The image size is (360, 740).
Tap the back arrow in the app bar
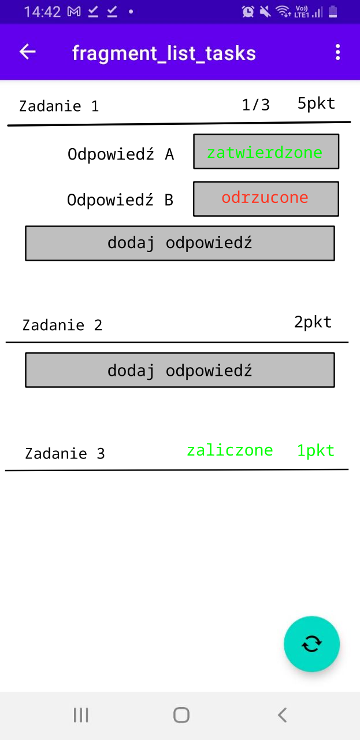pos(27,52)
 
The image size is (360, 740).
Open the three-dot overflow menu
pos(337,52)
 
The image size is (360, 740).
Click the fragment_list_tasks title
pos(164,53)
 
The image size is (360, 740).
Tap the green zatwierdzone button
pos(266,151)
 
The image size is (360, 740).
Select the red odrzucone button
pos(266,198)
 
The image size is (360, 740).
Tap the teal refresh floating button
pos(311,644)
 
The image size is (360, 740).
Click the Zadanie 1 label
pos(59,106)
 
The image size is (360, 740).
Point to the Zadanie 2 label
pos(62,325)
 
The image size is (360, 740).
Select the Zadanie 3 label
pos(65,454)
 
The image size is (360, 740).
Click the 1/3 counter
pos(256,105)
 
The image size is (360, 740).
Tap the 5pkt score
pos(317,103)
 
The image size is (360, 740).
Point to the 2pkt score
pos(313,322)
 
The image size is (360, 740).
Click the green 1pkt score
pos(316,450)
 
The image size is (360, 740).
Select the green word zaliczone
pos(230,450)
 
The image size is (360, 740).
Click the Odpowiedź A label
pos(121,154)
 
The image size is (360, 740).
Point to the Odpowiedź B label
pos(120,200)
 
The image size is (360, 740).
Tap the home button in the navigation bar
pos(181,715)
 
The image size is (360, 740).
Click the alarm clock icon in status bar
pos(248,12)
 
